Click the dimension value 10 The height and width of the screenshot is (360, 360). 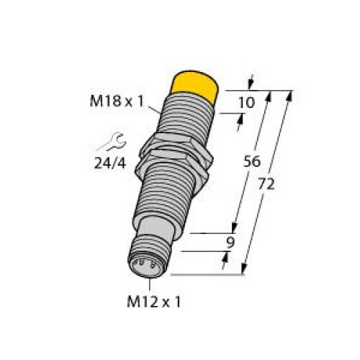click(246, 103)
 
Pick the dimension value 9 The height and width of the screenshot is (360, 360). click(230, 243)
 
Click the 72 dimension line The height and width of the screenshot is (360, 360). click(269, 180)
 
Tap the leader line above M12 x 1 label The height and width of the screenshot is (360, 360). click(150, 284)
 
